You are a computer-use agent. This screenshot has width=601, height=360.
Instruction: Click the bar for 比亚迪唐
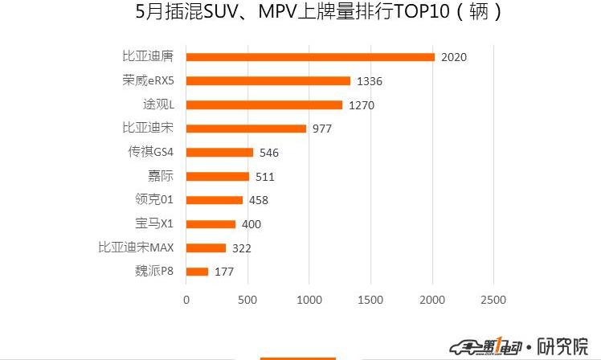tap(310, 56)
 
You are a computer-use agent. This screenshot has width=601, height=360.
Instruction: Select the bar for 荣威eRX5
tap(268, 80)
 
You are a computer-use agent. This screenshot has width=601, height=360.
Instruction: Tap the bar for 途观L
tap(264, 104)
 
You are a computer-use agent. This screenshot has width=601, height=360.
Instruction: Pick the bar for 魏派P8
tap(197, 272)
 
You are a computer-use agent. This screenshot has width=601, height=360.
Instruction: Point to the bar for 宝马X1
tap(211, 224)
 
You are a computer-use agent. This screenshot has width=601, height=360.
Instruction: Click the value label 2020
tap(454, 57)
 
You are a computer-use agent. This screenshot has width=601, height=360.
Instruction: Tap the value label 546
tap(269, 153)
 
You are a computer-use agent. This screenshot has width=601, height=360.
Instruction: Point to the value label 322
tap(242, 248)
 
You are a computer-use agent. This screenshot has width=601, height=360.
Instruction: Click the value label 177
tap(224, 272)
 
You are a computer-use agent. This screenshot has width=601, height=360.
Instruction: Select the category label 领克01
tap(154, 200)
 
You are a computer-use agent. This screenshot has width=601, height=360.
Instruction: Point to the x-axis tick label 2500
tap(493, 300)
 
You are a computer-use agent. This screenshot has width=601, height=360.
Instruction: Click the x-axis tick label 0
tap(186, 300)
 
